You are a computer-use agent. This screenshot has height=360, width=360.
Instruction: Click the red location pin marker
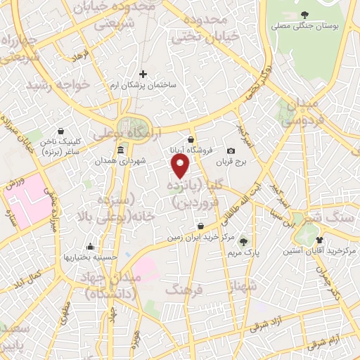pyautogui.click(x=181, y=166)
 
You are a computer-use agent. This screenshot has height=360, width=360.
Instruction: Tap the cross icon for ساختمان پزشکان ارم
pyautogui.click(x=143, y=74)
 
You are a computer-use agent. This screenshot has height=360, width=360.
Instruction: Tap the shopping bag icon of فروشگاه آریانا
pyautogui.click(x=191, y=139)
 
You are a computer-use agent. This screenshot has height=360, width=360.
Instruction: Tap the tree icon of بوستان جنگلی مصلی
pyautogui.click(x=304, y=15)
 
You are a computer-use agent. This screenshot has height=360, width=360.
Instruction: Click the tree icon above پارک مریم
pyautogui.click(x=244, y=240)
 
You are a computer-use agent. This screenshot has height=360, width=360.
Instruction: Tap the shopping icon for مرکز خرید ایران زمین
pyautogui.click(x=201, y=226)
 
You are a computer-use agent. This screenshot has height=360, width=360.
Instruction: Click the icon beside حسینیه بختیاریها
pyautogui.click(x=90, y=247)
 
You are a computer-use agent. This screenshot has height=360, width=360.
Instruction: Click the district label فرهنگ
pyautogui.click(x=184, y=289)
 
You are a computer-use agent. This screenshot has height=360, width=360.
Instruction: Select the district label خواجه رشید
pyautogui.click(x=60, y=84)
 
